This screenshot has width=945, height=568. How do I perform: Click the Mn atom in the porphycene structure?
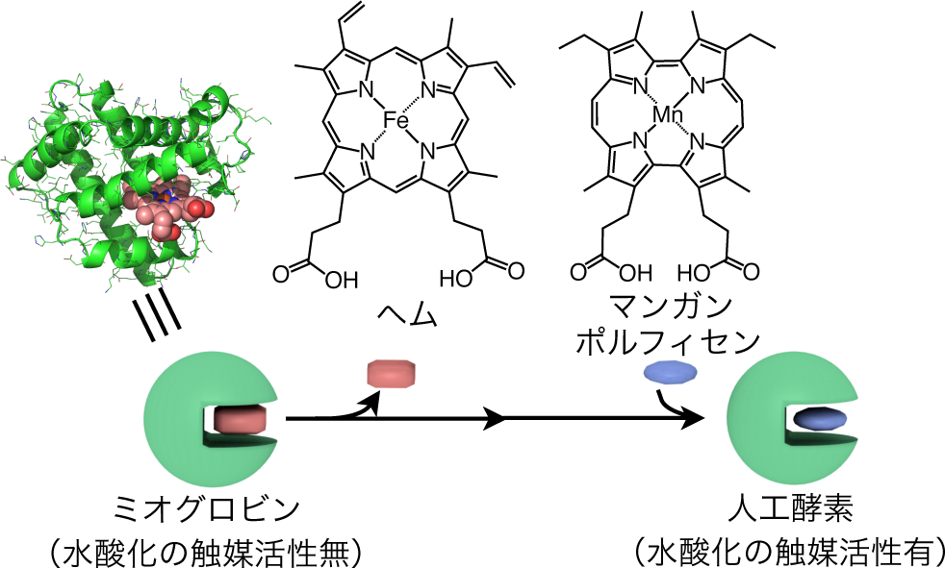(x=667, y=116)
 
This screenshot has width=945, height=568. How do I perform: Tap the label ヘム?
(x=396, y=314)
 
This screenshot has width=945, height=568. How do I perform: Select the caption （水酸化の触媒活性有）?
(x=789, y=551)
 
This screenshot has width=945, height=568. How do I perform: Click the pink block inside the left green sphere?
(x=240, y=421)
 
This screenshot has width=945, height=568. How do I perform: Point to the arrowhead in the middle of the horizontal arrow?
(x=497, y=419)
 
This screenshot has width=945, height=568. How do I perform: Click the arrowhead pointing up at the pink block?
(x=373, y=403)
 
